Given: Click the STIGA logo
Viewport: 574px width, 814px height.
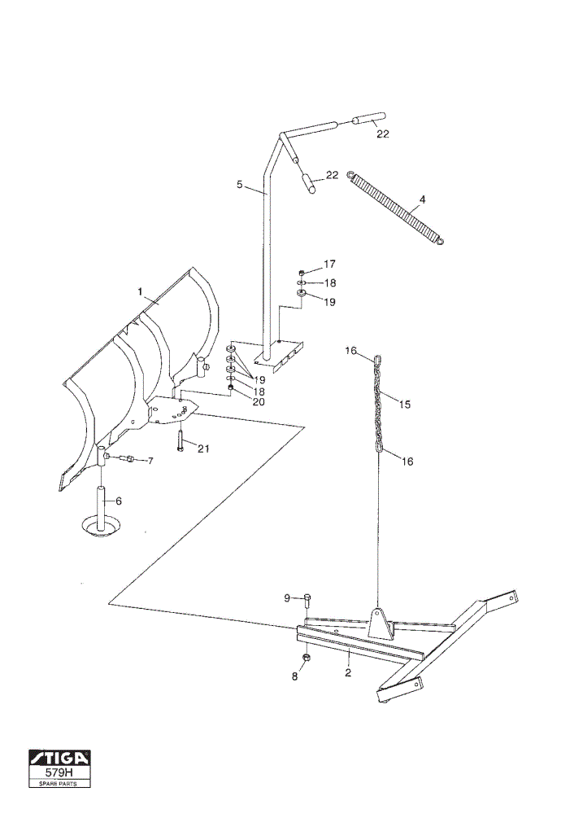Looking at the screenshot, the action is pos(59,759).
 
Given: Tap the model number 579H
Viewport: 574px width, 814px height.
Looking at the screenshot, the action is pos(59,773).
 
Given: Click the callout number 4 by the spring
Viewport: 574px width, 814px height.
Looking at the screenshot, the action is pos(422,199).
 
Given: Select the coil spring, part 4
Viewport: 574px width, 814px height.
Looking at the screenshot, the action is pos(398,208).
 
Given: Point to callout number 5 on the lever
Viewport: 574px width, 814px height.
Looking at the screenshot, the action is pos(240,184).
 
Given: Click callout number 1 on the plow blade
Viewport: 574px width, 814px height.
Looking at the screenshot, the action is pos(140,291).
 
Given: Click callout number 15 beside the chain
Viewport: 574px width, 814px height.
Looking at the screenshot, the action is pos(404,404).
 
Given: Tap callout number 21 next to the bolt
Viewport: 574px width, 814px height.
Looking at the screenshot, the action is pos(203,448).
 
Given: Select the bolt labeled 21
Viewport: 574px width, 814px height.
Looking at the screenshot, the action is pos(180,440).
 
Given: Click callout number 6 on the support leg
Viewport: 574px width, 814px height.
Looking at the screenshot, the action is pos(119,501).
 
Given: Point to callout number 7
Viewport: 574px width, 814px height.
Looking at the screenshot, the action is pos(150,461).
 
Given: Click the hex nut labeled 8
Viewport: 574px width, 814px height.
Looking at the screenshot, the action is pos(306,658).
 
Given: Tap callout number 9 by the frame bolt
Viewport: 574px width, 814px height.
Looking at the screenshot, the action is pos(287,598).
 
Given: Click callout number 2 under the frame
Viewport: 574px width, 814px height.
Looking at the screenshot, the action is pos(348,673).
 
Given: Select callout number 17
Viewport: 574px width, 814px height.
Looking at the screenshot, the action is pos(330,265).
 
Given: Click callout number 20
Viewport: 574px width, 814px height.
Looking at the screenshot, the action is pos(259,402).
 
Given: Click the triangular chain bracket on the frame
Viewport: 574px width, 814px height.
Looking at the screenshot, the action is pos(380,623).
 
